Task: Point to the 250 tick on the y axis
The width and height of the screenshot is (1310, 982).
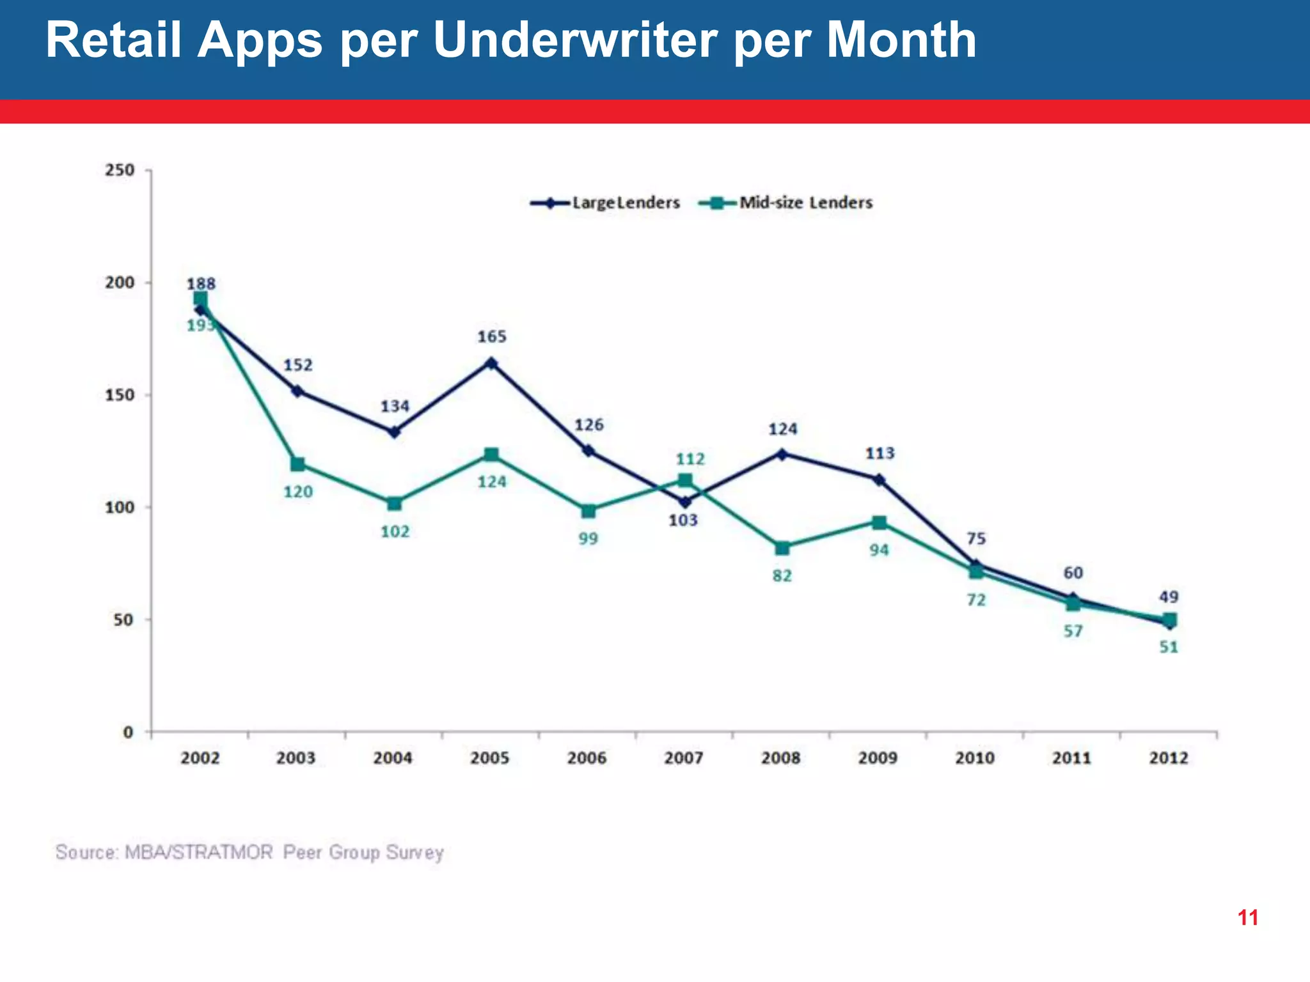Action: (120, 171)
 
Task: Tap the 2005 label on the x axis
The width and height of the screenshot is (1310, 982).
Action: (489, 758)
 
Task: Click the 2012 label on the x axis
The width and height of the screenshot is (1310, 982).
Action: (1168, 758)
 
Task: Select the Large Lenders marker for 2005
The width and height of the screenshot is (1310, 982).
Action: (491, 363)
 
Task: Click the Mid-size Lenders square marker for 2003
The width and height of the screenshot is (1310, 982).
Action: (297, 464)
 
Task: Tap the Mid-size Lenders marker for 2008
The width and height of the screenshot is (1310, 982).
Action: (782, 548)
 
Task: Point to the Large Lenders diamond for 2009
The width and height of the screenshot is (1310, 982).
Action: (879, 479)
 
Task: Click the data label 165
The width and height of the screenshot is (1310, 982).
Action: (491, 337)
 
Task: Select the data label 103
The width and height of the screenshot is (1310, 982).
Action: (683, 520)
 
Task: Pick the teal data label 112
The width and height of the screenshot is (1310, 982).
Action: (690, 459)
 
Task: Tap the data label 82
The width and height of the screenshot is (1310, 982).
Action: (782, 576)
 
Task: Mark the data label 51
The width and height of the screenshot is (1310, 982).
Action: (1168, 648)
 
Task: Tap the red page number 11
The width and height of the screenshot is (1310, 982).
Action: (1247, 918)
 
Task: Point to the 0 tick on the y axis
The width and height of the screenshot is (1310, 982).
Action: (128, 732)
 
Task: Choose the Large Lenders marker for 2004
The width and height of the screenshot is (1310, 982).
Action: (394, 432)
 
